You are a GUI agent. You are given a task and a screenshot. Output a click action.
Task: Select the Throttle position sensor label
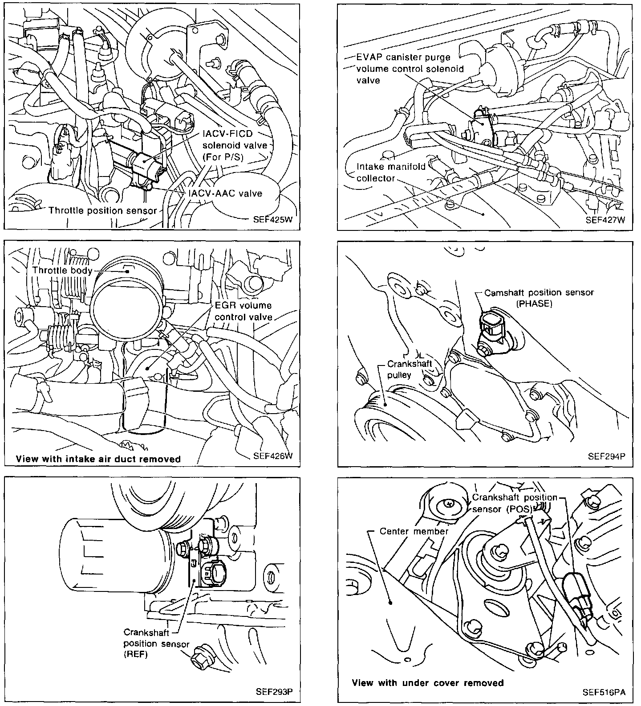(x=102, y=210)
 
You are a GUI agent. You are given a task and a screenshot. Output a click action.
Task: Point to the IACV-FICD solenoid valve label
(x=235, y=145)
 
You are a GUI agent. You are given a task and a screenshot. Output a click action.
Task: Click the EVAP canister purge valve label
(x=410, y=69)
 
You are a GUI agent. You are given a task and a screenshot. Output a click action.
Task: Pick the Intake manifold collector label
(x=391, y=172)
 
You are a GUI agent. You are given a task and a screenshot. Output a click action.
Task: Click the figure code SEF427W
(x=605, y=220)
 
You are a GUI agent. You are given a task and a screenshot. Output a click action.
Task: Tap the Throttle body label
(x=62, y=271)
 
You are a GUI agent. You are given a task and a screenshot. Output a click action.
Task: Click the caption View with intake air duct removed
(x=98, y=459)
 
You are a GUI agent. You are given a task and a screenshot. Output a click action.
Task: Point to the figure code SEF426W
(x=272, y=456)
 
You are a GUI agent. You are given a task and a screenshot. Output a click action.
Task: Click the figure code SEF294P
(x=606, y=456)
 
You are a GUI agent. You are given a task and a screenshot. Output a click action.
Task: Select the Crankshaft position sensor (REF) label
(x=156, y=643)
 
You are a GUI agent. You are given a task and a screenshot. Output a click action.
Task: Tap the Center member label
(x=414, y=531)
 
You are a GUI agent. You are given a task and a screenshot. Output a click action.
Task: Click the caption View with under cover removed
(x=427, y=683)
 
